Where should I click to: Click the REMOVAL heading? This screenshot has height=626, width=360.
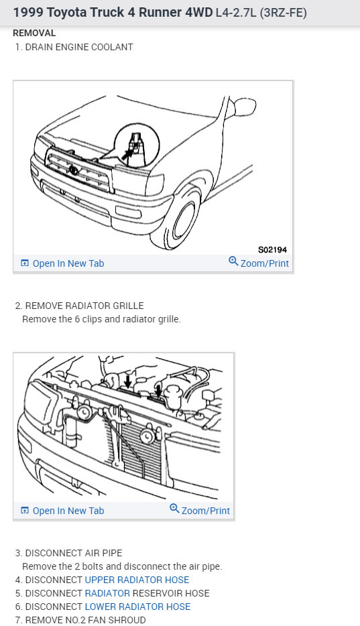(34, 33)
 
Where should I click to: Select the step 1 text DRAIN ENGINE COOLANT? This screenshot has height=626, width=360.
(78, 47)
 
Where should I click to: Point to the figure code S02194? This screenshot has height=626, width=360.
(272, 249)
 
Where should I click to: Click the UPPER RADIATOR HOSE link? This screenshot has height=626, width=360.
(137, 580)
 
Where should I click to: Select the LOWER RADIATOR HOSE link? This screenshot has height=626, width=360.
(137, 607)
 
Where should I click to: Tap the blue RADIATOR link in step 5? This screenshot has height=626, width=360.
(107, 593)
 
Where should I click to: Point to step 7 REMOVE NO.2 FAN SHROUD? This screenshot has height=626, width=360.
(85, 620)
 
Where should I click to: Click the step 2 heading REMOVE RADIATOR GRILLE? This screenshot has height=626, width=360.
(84, 306)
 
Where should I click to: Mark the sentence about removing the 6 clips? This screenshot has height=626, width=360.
(101, 319)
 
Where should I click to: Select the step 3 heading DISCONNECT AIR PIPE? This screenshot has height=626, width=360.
(74, 553)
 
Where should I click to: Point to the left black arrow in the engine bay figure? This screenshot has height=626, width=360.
(127, 381)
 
